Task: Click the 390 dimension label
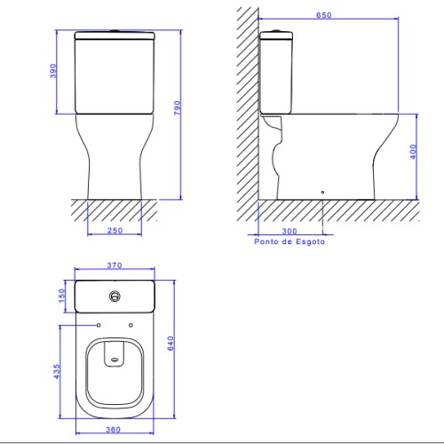(53, 71)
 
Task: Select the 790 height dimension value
(177, 108)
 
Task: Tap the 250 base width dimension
(115, 230)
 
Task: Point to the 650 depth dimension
(324, 15)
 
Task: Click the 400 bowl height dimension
(413, 152)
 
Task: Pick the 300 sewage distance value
(289, 231)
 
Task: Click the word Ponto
(266, 242)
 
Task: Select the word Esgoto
(311, 242)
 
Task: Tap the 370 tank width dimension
(115, 266)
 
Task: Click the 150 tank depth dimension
(61, 296)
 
